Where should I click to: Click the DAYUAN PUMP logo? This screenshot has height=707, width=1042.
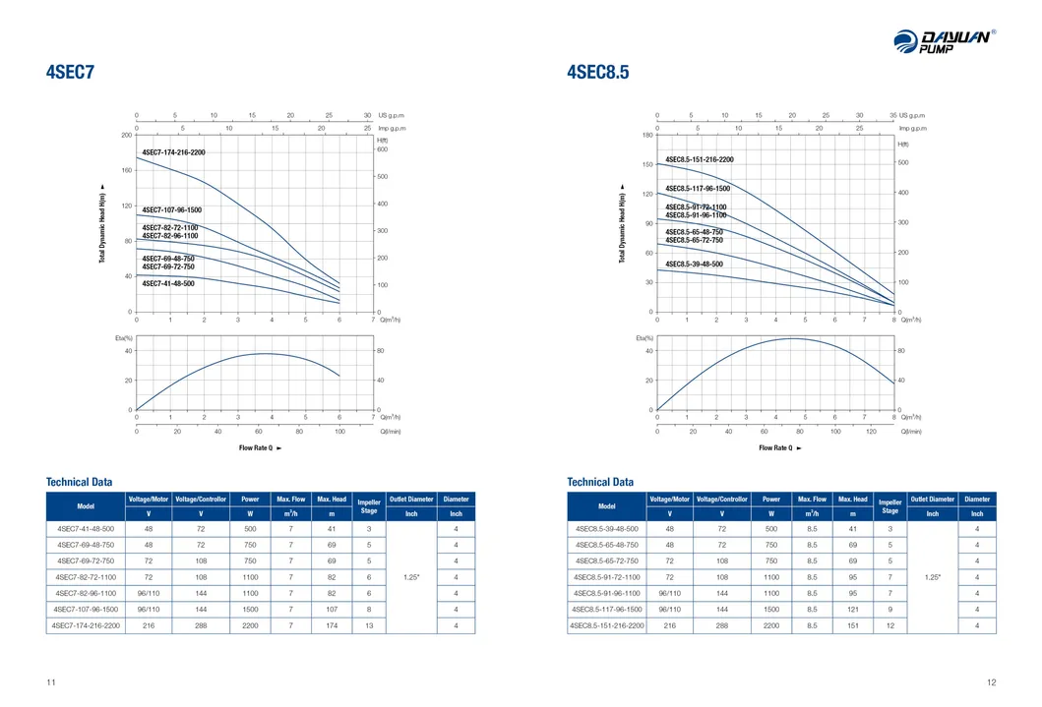tap(944, 41)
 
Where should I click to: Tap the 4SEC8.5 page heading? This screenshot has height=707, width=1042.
tap(597, 72)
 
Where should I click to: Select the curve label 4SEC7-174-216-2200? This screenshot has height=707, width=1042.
tap(174, 152)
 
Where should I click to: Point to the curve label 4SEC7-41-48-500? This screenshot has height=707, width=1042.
tap(168, 283)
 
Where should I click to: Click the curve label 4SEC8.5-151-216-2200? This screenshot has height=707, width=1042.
tap(699, 159)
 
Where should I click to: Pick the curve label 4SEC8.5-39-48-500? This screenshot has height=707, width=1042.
tap(694, 264)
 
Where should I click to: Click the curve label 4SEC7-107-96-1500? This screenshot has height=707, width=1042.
tap(171, 210)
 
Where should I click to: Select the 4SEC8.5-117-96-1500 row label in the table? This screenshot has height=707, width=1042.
tap(607, 609)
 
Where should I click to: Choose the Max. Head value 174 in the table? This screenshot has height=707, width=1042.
tap(332, 625)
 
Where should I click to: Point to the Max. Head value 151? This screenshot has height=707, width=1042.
tap(852, 625)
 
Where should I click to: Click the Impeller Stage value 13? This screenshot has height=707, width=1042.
tap(369, 625)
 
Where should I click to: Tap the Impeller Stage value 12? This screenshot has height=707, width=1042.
tap(889, 625)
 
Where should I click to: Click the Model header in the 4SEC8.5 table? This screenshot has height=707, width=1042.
tap(607, 505)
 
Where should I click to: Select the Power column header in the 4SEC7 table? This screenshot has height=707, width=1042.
tap(250, 500)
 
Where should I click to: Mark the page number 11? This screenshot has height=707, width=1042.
tap(50, 682)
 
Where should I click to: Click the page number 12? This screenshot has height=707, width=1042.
tap(991, 682)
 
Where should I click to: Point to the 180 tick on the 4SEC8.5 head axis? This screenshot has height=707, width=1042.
tap(646, 135)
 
